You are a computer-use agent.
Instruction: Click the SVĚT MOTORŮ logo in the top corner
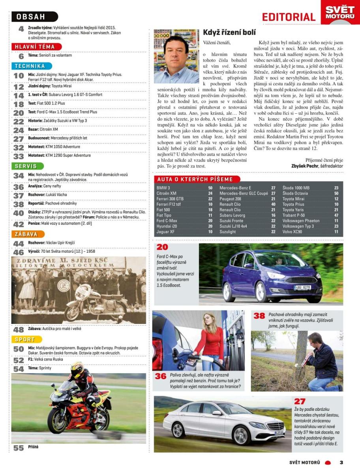(340, 12)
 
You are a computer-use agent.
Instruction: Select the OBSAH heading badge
(34, 17)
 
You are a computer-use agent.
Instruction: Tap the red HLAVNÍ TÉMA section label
(36, 47)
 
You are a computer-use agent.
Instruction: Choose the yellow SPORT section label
(25, 339)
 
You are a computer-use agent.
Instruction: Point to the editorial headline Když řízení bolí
(229, 32)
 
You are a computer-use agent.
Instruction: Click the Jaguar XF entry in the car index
(165, 232)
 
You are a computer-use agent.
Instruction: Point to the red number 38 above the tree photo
(259, 316)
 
